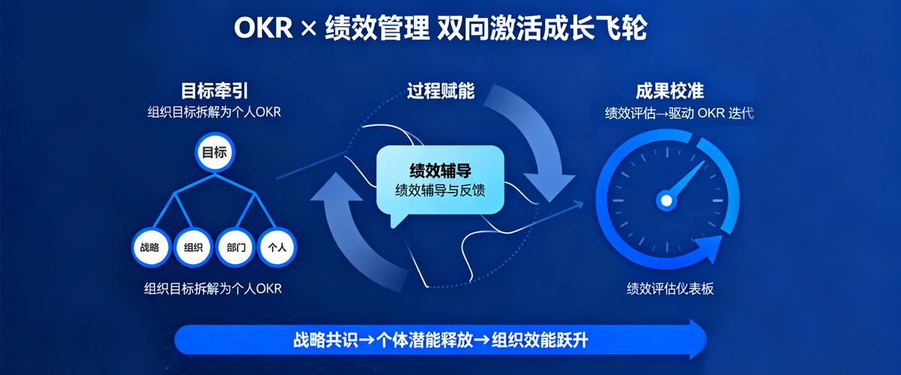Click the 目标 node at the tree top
[x=214, y=152]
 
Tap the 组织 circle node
[x=193, y=247]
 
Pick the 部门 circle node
[x=236, y=247]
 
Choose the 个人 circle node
[x=278, y=247]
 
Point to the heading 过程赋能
[x=441, y=91]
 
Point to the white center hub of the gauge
[x=666, y=199]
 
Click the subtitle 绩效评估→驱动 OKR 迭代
[x=680, y=114]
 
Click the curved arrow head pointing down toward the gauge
[x=552, y=184]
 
